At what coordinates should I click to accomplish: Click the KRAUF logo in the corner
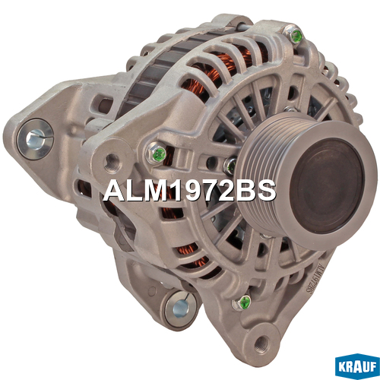pyautogui.click(x=357, y=366)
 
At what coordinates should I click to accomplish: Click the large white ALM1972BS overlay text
pyautogui.click(x=189, y=191)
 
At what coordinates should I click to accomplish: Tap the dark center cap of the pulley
pyautogui.click(x=327, y=185)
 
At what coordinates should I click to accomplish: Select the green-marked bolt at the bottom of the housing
pyautogui.click(x=242, y=302)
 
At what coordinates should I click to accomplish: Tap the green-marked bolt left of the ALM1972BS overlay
pyautogui.click(x=157, y=153)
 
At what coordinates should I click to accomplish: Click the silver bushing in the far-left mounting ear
pyautogui.click(x=35, y=139)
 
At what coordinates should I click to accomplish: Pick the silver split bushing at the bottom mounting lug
pyautogui.click(x=180, y=309)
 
